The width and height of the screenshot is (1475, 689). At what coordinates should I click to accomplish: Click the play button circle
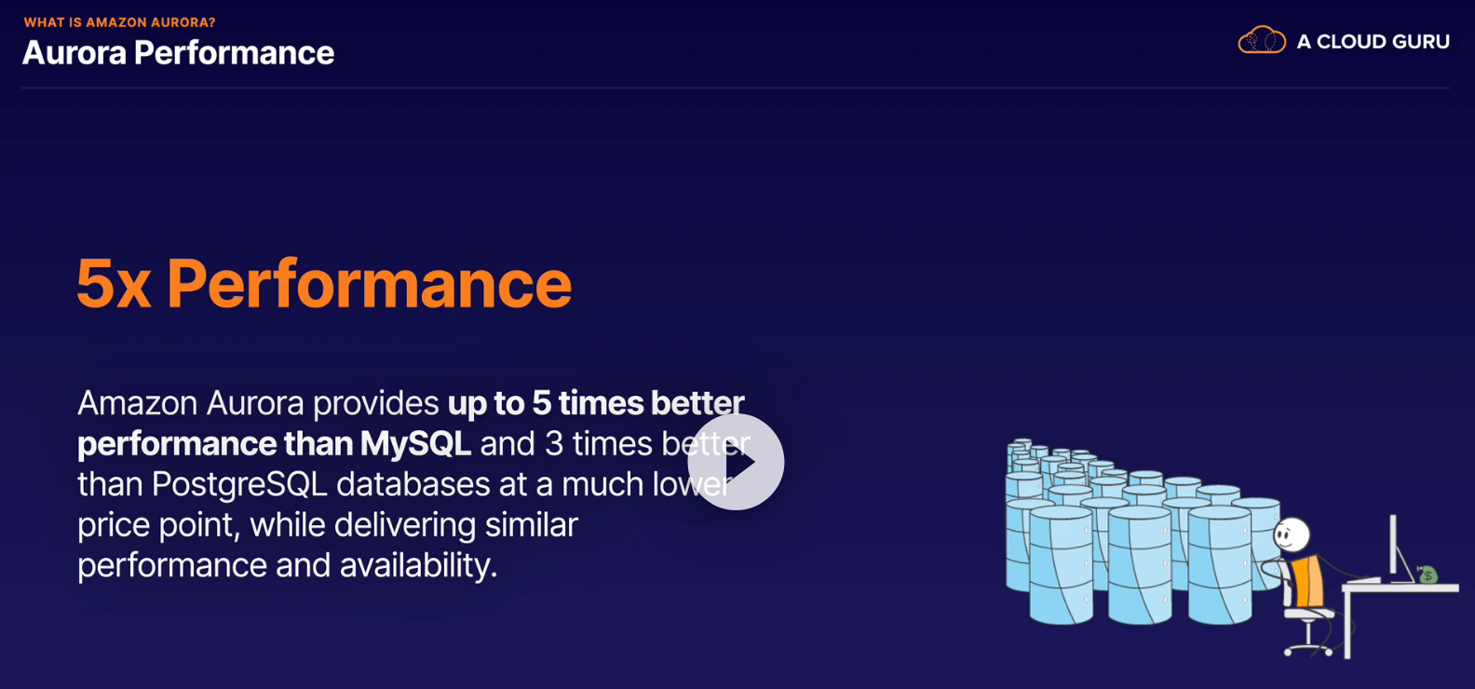click(736, 462)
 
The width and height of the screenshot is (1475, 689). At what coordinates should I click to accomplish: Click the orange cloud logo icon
click(1261, 40)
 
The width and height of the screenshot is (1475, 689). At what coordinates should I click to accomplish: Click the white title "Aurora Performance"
click(178, 52)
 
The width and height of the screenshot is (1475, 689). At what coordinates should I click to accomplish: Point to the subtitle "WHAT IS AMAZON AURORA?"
click(119, 22)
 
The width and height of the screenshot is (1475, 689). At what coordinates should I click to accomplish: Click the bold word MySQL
click(415, 443)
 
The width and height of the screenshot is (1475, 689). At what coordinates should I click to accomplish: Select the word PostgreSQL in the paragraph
click(239, 485)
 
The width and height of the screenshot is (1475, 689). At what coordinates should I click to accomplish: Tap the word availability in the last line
click(418, 565)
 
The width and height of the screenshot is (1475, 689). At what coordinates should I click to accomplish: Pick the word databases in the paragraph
click(413, 484)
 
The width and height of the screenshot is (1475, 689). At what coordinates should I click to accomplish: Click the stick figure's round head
click(1292, 534)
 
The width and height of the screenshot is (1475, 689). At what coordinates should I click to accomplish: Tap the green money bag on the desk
click(1427, 574)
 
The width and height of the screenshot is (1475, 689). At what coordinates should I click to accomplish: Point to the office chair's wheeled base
click(1309, 645)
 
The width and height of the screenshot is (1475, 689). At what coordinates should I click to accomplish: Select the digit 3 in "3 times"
click(554, 443)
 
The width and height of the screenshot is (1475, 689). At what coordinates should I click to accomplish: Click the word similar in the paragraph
click(532, 525)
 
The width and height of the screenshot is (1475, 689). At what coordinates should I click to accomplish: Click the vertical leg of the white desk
click(1347, 623)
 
